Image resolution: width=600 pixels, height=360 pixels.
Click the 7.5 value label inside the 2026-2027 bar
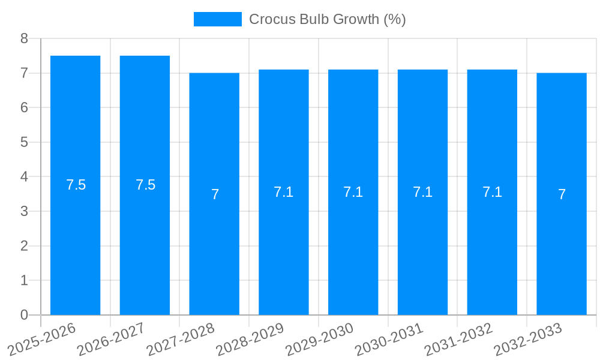click(145, 185)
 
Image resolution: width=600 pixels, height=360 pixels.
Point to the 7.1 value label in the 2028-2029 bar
click(283, 192)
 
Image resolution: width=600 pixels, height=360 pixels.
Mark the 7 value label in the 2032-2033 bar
click(562, 194)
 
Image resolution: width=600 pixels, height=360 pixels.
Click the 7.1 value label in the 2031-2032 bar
click(492, 192)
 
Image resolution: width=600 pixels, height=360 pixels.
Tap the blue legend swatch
click(217, 19)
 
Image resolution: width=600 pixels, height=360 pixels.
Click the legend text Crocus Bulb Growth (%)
click(327, 19)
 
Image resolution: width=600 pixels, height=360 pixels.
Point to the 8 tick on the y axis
click(24, 38)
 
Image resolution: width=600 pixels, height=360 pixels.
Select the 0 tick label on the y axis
click(24, 315)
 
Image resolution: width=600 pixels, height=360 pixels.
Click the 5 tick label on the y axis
click(24, 142)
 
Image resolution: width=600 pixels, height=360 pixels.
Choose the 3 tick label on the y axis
click(24, 211)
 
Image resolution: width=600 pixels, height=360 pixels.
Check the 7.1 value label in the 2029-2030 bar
click(353, 192)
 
